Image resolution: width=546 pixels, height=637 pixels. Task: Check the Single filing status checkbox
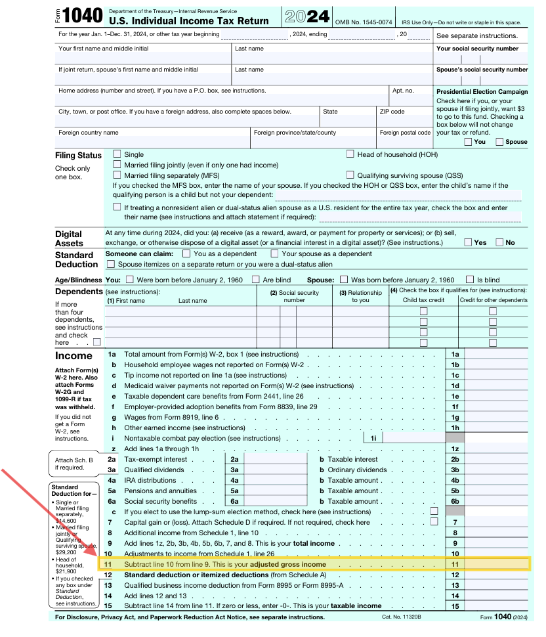pyautogui.click(x=117, y=154)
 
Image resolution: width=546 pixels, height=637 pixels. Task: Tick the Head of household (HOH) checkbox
pyautogui.click(x=350, y=154)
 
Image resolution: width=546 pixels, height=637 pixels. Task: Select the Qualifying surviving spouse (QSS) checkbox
pyautogui.click(x=350, y=175)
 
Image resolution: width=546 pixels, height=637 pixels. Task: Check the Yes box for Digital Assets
pyautogui.click(x=468, y=242)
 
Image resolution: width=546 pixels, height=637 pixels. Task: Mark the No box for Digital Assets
pyautogui.click(x=500, y=242)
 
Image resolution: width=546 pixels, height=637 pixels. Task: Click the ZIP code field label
pyautogui.click(x=392, y=112)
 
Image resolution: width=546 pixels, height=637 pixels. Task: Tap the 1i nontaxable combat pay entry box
pyautogui.click(x=413, y=438)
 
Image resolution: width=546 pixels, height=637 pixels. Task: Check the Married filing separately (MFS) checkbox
pyautogui.click(x=117, y=175)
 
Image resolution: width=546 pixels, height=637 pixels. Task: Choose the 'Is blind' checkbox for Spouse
pyautogui.click(x=470, y=279)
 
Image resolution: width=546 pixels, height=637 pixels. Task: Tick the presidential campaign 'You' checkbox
pyautogui.click(x=468, y=141)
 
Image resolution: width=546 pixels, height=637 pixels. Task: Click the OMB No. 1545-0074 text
pyautogui.click(x=364, y=22)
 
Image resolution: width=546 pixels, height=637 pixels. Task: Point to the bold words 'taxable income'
pyautogui.click(x=356, y=605)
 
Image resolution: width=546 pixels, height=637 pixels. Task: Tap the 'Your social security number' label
pyautogui.click(x=477, y=49)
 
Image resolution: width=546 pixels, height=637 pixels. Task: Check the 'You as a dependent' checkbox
pyautogui.click(x=186, y=253)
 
